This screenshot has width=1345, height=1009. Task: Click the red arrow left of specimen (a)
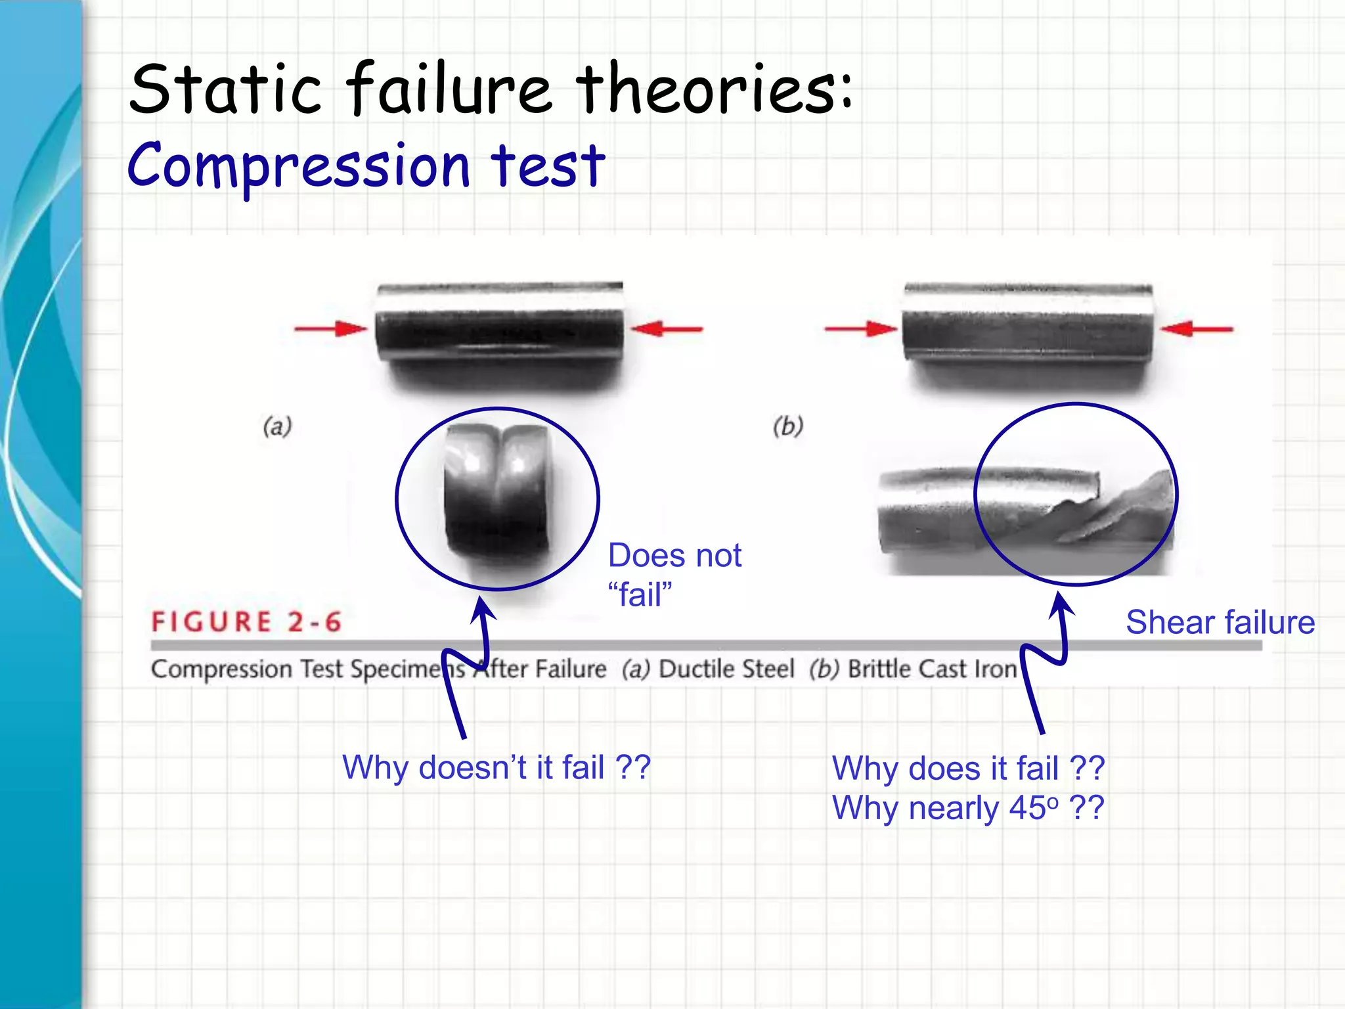pyautogui.click(x=330, y=328)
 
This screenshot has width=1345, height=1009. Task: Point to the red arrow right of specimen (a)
pyautogui.click(x=667, y=328)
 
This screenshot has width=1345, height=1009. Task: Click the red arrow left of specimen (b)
pyautogui.click(x=861, y=328)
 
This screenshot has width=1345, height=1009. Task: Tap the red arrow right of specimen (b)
pyautogui.click(x=1197, y=328)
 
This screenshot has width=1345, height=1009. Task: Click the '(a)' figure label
pyautogui.click(x=277, y=427)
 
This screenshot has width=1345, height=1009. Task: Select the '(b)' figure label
pyautogui.click(x=788, y=427)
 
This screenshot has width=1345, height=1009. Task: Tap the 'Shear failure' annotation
pyautogui.click(x=1220, y=622)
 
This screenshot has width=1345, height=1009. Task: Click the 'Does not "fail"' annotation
pyautogui.click(x=674, y=575)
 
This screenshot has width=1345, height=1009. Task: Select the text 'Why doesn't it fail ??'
pyautogui.click(x=496, y=767)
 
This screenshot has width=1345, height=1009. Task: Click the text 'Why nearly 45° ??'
pyautogui.click(x=968, y=808)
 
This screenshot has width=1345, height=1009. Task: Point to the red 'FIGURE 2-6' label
pyautogui.click(x=246, y=621)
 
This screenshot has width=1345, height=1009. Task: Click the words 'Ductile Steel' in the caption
pyautogui.click(x=726, y=669)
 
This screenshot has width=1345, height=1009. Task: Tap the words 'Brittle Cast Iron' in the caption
pyautogui.click(x=932, y=669)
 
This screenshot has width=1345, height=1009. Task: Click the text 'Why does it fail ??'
pyautogui.click(x=968, y=768)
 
